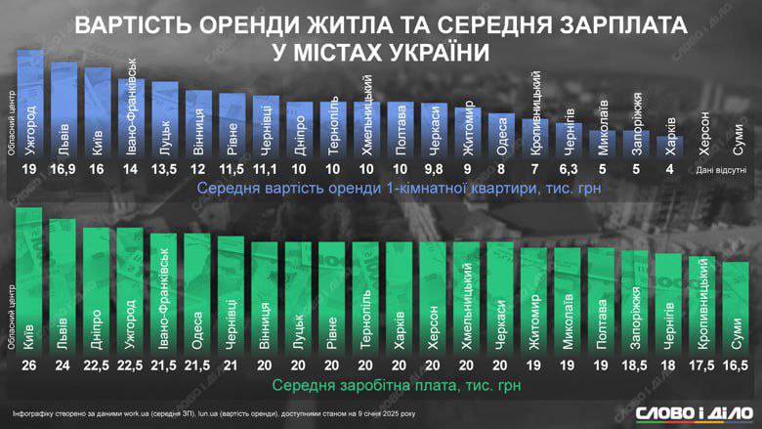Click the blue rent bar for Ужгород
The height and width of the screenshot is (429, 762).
click(x=30, y=103)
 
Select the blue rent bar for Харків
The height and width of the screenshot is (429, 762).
click(x=669, y=148)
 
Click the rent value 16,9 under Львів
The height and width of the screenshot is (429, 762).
click(x=63, y=169)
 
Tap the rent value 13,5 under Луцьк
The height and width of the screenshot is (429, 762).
click(x=165, y=169)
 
